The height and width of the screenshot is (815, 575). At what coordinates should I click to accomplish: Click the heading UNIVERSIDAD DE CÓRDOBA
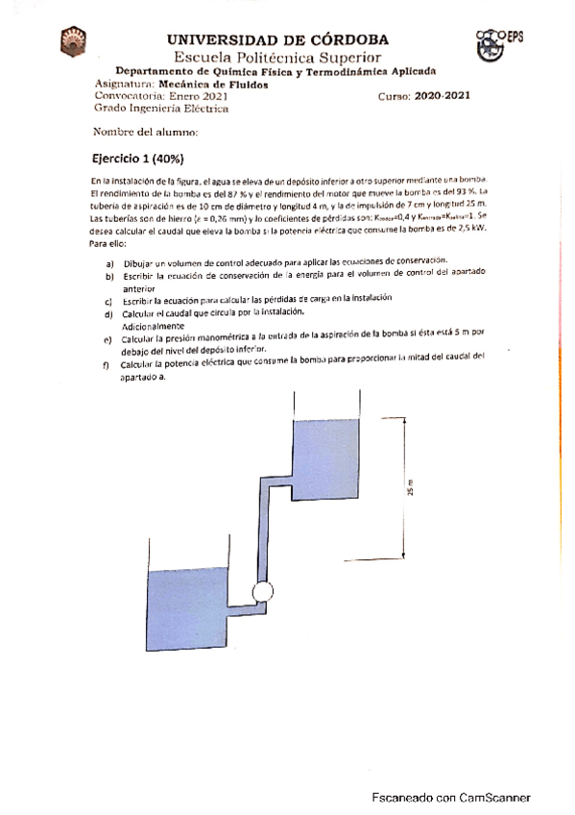pos(278,39)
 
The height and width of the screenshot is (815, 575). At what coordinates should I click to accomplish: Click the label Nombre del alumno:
pos(145,132)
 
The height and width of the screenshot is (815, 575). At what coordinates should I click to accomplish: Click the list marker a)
pos(110,261)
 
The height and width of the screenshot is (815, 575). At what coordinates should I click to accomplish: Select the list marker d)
pos(110,312)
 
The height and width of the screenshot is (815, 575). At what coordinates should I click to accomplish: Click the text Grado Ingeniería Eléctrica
pos(161,109)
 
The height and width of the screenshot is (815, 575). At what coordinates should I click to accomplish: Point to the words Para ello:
pos(108,244)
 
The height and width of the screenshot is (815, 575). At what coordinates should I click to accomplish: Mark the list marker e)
pos(108,339)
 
